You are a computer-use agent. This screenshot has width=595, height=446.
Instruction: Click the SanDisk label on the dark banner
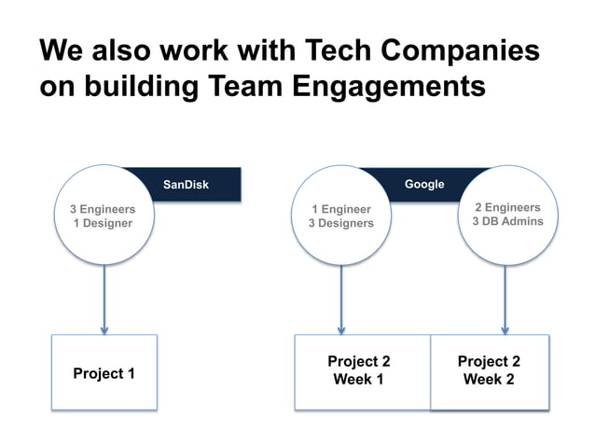[186, 185]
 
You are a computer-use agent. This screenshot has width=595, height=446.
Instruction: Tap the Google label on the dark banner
[424, 184]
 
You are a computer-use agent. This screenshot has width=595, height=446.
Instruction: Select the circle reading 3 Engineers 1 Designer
[103, 216]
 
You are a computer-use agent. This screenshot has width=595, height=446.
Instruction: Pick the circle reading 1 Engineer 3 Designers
[341, 216]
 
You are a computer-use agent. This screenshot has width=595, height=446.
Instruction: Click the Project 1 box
[104, 373]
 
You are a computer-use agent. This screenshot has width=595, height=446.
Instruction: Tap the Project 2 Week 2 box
[489, 370]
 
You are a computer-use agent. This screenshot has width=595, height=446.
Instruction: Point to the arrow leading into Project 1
[104, 299]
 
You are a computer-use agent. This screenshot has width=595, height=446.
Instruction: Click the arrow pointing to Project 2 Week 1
[341, 299]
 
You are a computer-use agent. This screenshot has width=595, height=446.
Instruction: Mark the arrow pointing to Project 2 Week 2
[505, 299]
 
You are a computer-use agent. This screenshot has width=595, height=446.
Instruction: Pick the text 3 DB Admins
[507, 221]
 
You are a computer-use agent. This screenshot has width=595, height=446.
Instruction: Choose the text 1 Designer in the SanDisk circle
[103, 223]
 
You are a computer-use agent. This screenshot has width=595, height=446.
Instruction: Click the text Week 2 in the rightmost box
[489, 380]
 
